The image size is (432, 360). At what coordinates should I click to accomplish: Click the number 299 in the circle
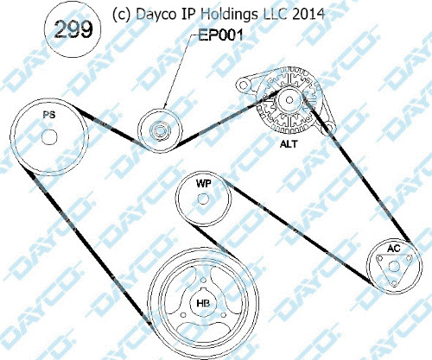[73, 29]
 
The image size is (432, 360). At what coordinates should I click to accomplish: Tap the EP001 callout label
[221, 35]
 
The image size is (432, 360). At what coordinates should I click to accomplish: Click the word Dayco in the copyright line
[156, 15]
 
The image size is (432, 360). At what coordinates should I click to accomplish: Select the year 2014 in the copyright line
[308, 14]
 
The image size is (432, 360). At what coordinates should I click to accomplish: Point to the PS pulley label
[49, 115]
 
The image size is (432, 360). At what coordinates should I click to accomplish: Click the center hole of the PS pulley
[49, 137]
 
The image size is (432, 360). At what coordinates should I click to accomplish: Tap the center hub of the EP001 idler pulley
[160, 131]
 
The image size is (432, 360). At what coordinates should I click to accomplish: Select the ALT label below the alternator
[289, 144]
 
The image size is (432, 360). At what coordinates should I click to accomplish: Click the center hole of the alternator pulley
[289, 100]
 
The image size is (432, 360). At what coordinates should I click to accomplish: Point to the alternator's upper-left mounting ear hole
[244, 85]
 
